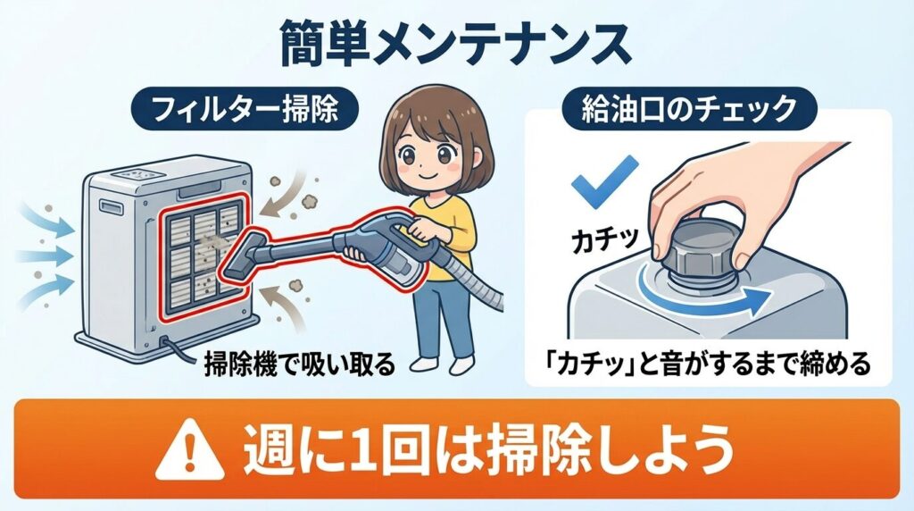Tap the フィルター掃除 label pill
(245, 108)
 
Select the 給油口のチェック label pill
(689, 108)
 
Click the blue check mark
(604, 180)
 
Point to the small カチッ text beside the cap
(604, 239)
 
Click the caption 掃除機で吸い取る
(300, 364)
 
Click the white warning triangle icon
(190, 449)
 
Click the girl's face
(428, 155)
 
